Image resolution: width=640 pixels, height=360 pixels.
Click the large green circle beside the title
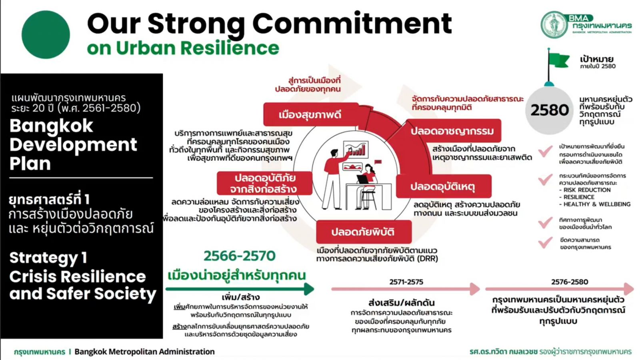click(46, 34)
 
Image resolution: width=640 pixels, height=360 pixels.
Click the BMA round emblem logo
click(554, 25)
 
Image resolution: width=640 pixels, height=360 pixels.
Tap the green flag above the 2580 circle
click(559, 60)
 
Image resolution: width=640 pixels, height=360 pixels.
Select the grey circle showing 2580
click(549, 110)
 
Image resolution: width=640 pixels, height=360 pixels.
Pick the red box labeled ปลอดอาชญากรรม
click(452, 131)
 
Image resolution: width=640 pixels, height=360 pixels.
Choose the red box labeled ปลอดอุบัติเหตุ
click(443, 186)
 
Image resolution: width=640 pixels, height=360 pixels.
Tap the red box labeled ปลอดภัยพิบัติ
click(364, 232)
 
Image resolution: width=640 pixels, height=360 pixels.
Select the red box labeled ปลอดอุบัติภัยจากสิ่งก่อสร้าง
click(264, 183)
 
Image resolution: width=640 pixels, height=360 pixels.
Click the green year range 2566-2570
click(240, 256)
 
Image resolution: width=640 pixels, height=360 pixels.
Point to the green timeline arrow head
click(309, 289)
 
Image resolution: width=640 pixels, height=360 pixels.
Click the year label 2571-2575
click(406, 282)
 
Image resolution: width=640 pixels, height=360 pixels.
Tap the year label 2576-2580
click(570, 282)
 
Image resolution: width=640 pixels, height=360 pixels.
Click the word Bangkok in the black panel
click(52, 126)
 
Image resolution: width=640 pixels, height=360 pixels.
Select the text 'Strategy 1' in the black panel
click(48, 258)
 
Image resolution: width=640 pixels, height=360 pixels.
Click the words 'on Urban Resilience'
click(183, 48)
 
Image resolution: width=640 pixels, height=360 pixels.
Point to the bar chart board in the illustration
click(356, 149)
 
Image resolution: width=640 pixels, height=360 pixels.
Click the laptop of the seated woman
click(363, 180)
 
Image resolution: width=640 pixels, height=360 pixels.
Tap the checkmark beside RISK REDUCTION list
click(545, 180)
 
